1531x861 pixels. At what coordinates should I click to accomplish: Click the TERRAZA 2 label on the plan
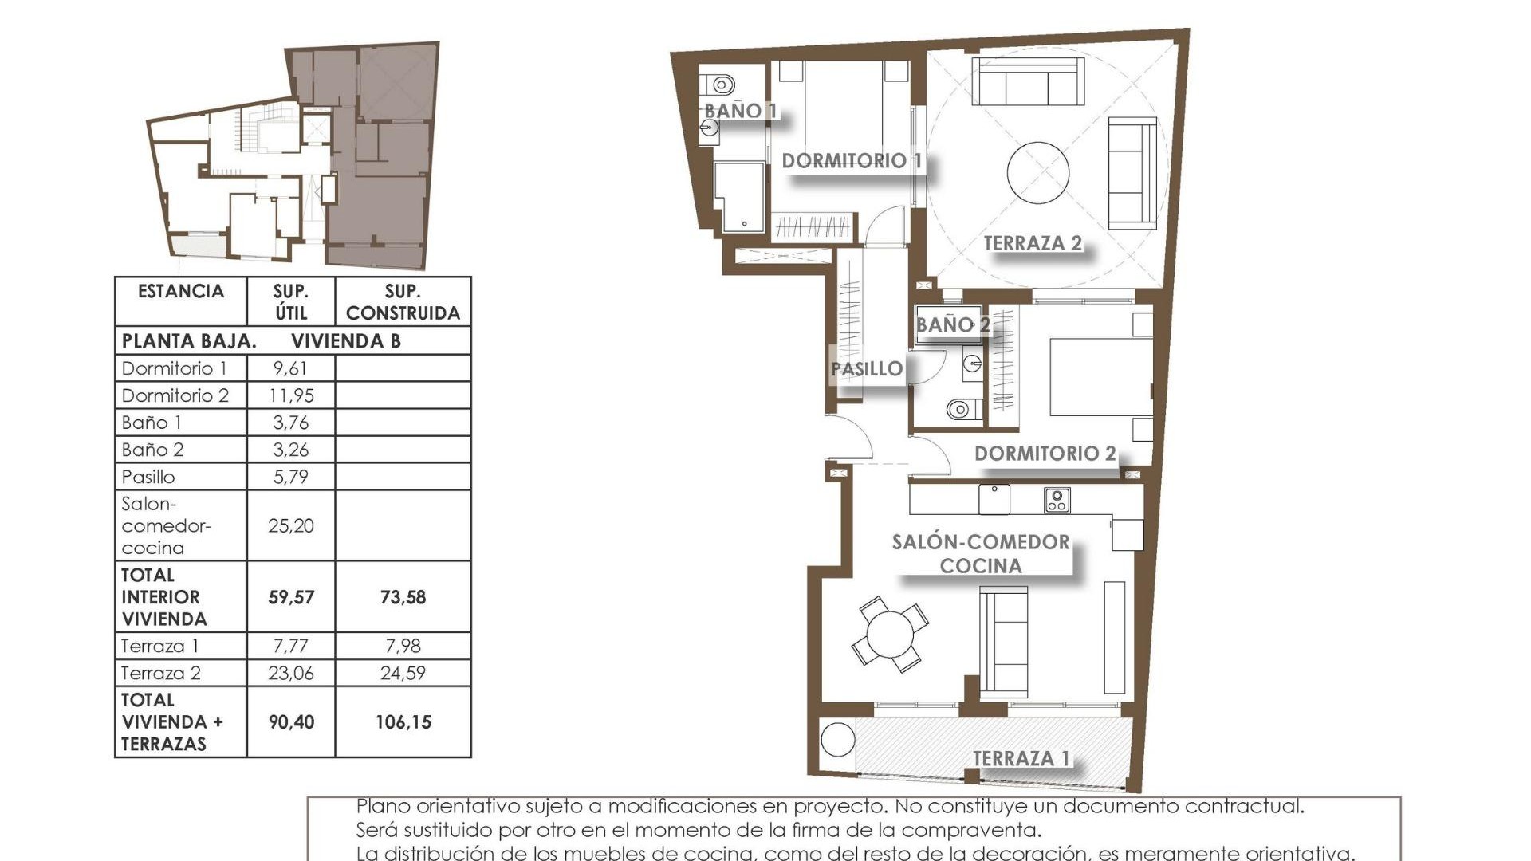click(1032, 243)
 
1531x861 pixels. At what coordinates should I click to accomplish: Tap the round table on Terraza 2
click(1037, 173)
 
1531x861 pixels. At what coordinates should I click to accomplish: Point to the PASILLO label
click(867, 369)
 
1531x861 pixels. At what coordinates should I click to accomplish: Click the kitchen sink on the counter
click(994, 499)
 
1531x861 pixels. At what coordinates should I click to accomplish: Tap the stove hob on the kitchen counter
click(1057, 500)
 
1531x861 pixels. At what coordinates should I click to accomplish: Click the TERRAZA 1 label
click(1021, 758)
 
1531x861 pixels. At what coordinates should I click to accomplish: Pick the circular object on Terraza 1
click(837, 740)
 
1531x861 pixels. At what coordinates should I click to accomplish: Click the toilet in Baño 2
click(959, 410)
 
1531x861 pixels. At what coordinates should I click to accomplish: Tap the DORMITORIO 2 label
click(1045, 454)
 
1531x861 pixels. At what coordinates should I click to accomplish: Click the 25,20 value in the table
click(290, 525)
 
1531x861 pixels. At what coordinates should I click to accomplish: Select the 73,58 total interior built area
click(403, 597)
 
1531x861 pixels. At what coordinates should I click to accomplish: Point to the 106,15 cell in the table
click(403, 722)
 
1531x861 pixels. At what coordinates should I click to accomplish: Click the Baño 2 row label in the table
click(152, 450)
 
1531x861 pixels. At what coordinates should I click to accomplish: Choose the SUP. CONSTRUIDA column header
click(403, 302)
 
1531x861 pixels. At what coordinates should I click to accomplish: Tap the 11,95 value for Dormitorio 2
click(290, 395)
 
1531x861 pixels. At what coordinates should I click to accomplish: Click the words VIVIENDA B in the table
click(345, 341)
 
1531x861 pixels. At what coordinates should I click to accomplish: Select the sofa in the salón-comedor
click(1003, 643)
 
